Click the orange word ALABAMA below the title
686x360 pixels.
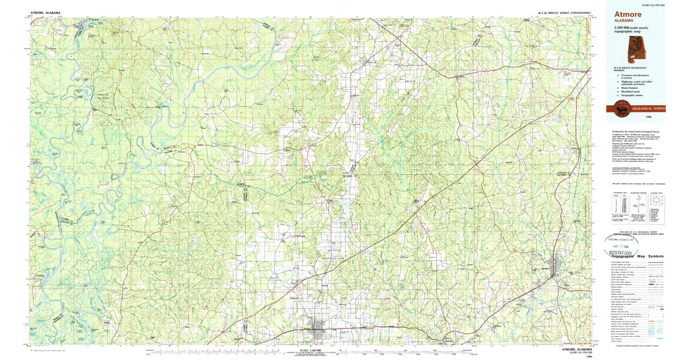tap(624, 22)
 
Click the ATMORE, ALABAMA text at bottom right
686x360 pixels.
tap(576, 348)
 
